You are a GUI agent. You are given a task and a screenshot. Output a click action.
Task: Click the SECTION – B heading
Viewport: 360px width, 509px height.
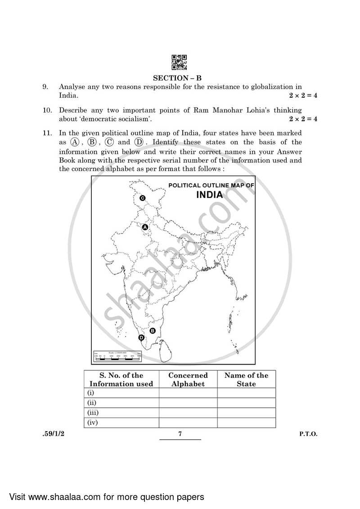coord(180,78)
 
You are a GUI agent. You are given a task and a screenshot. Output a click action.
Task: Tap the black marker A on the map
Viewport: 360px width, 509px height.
coord(145,228)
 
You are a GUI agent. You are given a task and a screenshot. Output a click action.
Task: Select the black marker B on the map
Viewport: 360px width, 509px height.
coord(152,331)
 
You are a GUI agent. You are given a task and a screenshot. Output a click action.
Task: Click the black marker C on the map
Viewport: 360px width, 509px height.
coord(142,198)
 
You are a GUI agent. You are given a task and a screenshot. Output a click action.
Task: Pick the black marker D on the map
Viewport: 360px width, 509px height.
coord(141,338)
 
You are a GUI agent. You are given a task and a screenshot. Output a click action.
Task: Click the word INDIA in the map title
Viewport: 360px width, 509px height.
coord(209,195)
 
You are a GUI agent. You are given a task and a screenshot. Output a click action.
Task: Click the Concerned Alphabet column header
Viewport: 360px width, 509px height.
coord(188,379)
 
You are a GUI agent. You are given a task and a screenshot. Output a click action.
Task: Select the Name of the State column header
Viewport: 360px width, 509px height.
coord(246,379)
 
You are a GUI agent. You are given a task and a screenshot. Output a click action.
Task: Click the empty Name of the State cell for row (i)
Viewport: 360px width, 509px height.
coord(246,393)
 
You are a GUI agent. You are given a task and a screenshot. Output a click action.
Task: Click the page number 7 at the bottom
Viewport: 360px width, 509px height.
coord(180,434)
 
